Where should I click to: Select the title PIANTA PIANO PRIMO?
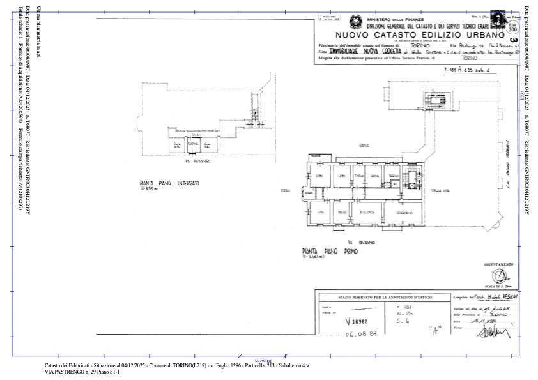click(330, 252)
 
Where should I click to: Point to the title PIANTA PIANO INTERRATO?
click(169, 183)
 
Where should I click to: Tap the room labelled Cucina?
click(375, 177)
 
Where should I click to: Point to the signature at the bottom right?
click(503, 330)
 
